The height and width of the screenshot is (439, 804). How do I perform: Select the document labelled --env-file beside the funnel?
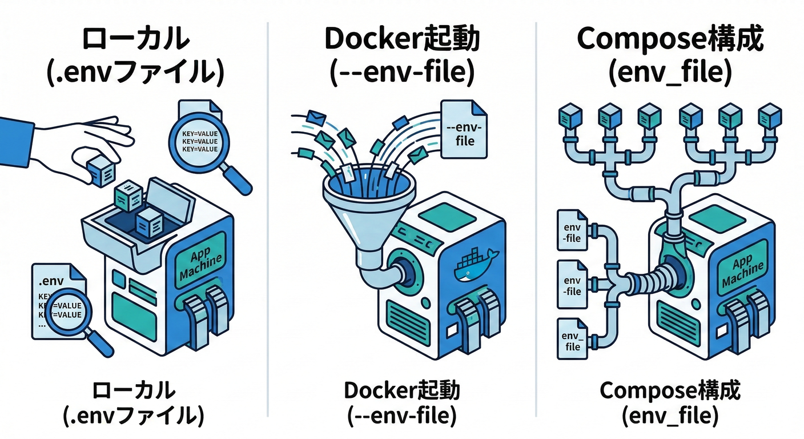coord(464,130)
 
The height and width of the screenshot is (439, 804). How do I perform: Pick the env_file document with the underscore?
coord(572,341)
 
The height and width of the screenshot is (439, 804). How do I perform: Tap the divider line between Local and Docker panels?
coord(268,217)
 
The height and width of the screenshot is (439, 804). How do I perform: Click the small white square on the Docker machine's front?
coord(452,330)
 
